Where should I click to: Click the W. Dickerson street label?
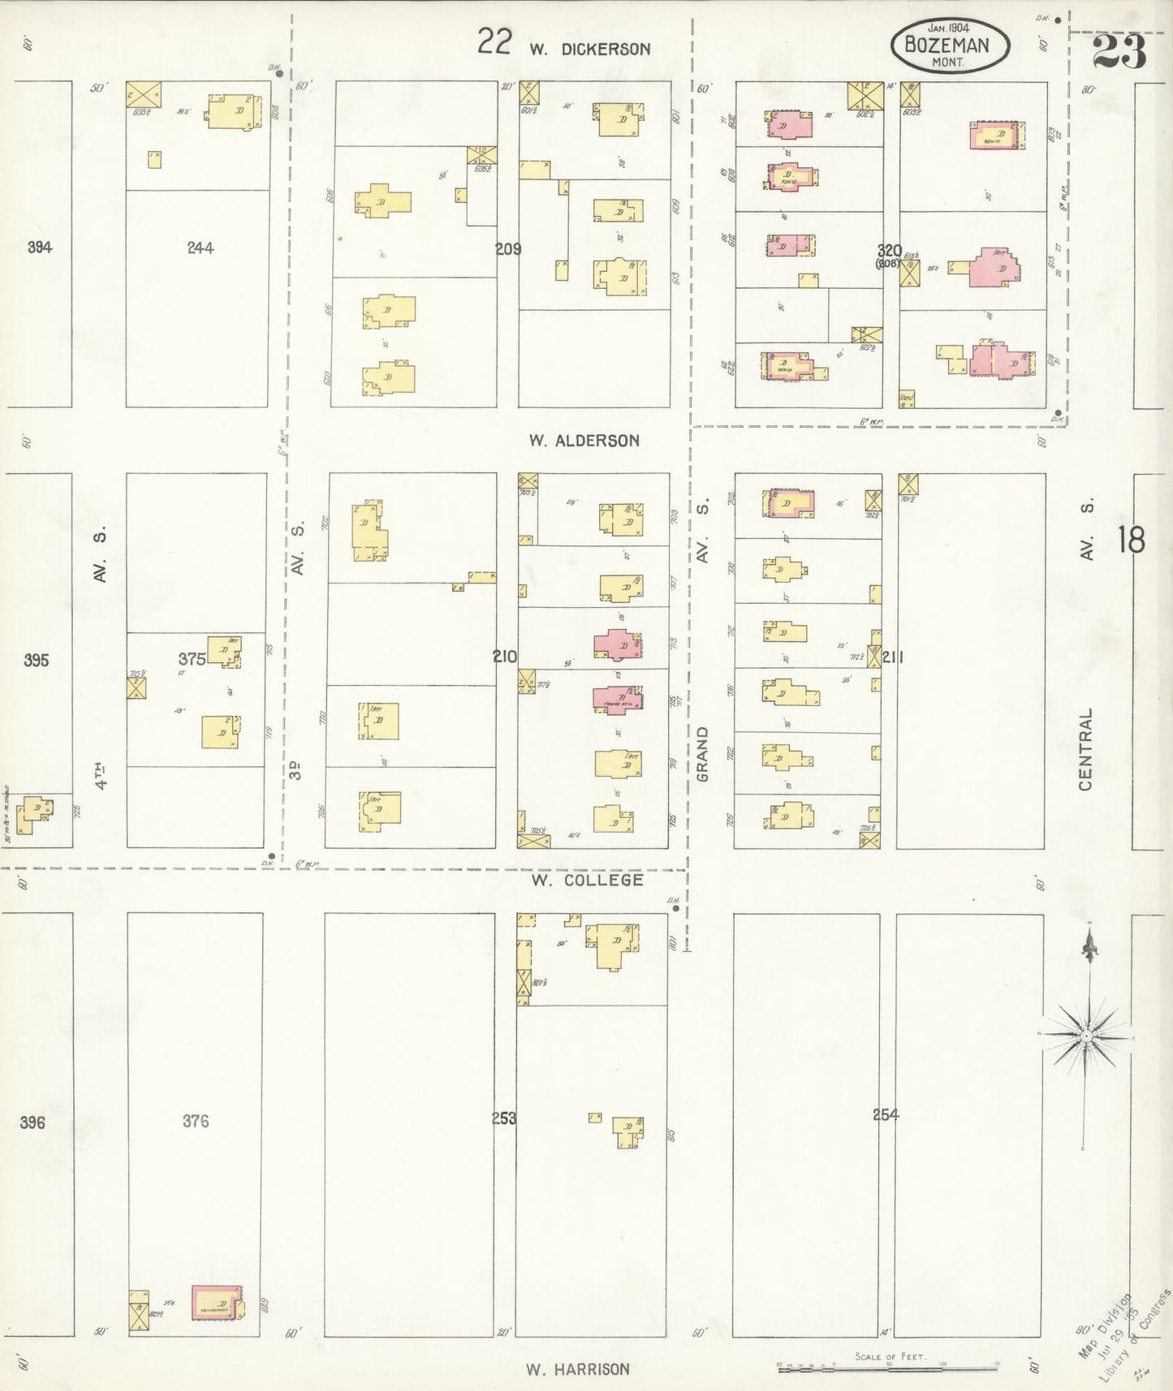click(x=590, y=49)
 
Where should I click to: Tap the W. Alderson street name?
click(x=584, y=441)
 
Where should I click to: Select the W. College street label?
click(x=587, y=880)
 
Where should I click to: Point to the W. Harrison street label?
click(x=578, y=1369)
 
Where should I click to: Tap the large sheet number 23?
click(x=1119, y=52)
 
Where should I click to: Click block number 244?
click(x=200, y=248)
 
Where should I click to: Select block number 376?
click(x=196, y=1121)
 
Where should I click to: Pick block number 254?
click(x=886, y=1115)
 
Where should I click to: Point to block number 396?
click(x=32, y=1122)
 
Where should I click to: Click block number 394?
click(x=40, y=247)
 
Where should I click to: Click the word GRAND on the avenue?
click(x=703, y=754)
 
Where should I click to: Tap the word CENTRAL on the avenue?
click(x=1086, y=749)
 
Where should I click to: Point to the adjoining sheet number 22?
click(x=494, y=41)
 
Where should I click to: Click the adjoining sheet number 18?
click(x=1131, y=540)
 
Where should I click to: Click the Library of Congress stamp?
click(x=1124, y=1331)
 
